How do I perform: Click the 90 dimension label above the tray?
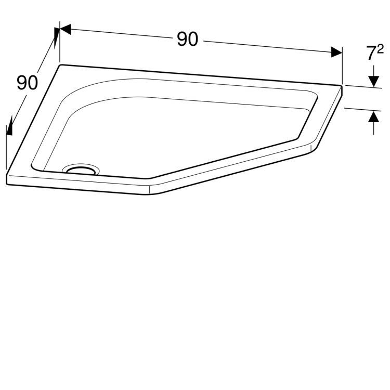point(188,40)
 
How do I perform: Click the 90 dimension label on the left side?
point(28,83)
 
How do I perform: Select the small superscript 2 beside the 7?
point(380,49)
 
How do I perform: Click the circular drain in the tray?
point(81,170)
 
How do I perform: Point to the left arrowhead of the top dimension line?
point(66,29)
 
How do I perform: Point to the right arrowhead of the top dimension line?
point(336,52)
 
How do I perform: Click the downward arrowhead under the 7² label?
point(373,81)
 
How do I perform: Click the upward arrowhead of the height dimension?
point(373,117)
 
